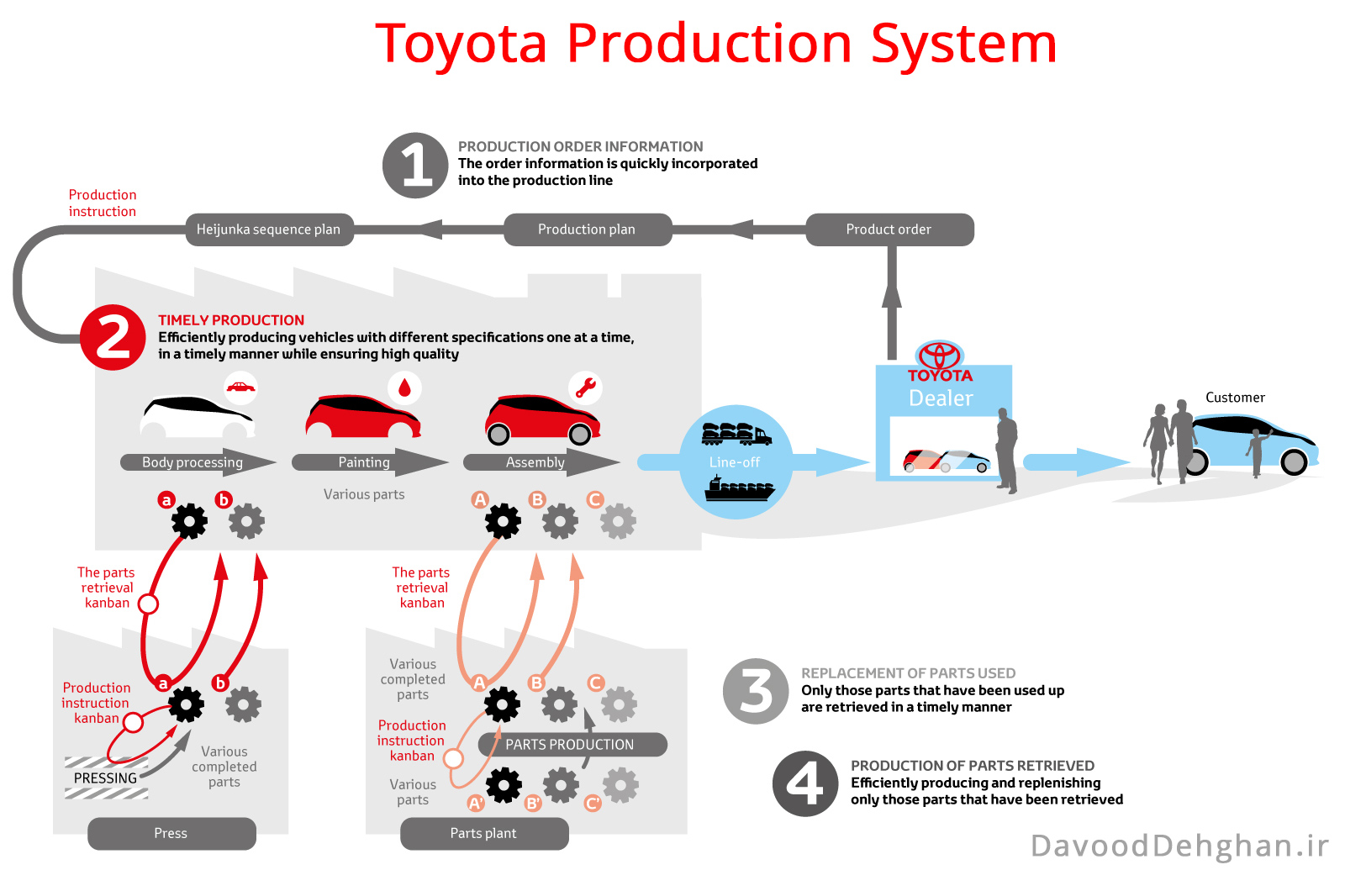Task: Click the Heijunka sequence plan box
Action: pyautogui.click(x=269, y=229)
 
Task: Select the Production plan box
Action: pyautogui.click(x=587, y=229)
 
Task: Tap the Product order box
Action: pyautogui.click(x=889, y=229)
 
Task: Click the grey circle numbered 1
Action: pyautogui.click(x=415, y=166)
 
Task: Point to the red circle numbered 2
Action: pyautogui.click(x=113, y=337)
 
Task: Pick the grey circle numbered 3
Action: pyautogui.click(x=756, y=691)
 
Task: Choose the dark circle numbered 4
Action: pyautogui.click(x=805, y=783)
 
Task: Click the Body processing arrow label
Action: pyautogui.click(x=193, y=462)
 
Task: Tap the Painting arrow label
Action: pyautogui.click(x=364, y=462)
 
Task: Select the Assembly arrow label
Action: pyautogui.click(x=535, y=462)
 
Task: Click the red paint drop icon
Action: pyautogui.click(x=404, y=388)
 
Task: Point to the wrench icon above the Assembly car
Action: pyautogui.click(x=585, y=388)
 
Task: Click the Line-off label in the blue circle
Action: pyautogui.click(x=735, y=462)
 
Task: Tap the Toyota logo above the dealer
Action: pyautogui.click(x=940, y=355)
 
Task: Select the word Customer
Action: pyautogui.click(x=1235, y=398)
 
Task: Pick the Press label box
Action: pyautogui.click(x=171, y=833)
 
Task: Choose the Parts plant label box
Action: pyautogui.click(x=484, y=833)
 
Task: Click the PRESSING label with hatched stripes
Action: pyautogui.click(x=106, y=778)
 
